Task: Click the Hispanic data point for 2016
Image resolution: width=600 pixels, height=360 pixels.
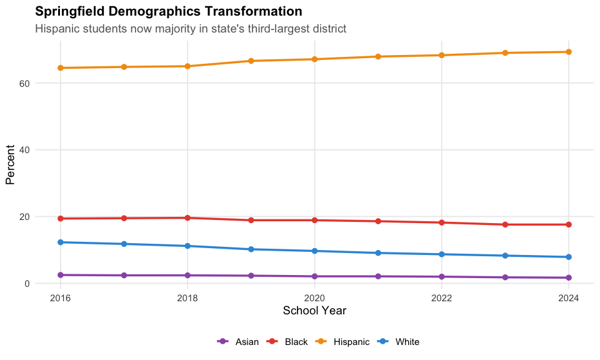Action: [61, 67]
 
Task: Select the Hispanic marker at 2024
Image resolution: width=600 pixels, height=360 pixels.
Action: [569, 52]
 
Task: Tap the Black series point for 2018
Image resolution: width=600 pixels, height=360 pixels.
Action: [187, 217]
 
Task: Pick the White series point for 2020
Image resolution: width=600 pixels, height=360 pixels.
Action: [314, 251]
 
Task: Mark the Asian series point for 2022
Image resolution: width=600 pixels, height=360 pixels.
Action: [442, 276]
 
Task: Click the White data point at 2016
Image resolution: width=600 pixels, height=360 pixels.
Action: [61, 242]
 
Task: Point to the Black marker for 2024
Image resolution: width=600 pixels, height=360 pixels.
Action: [569, 224]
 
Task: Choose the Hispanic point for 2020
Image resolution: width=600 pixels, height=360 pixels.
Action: [314, 59]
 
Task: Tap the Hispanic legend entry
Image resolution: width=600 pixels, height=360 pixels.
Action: [342, 341]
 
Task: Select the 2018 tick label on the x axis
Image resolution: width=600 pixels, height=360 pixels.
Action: [187, 298]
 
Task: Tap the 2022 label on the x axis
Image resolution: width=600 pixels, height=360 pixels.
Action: [442, 298]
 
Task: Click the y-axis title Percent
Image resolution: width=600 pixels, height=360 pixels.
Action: [10, 164]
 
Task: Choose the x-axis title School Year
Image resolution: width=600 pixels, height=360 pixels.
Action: [314, 311]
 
